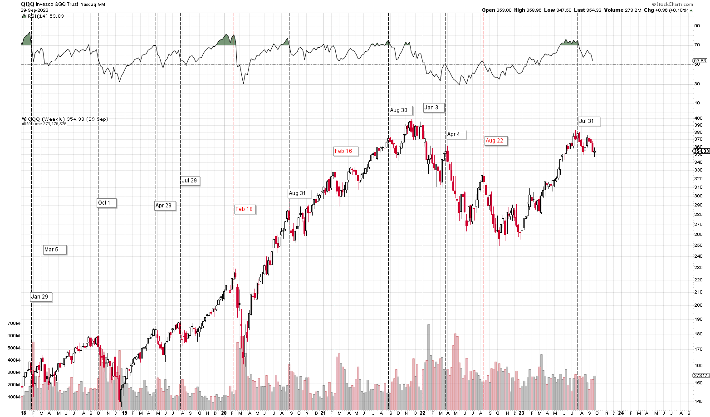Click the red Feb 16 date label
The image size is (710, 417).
[x=343, y=151]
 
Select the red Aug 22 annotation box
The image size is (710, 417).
[x=495, y=141]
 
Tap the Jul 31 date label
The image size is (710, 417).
[x=587, y=121]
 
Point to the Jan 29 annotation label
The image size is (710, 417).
[x=39, y=297]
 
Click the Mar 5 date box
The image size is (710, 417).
[x=51, y=250]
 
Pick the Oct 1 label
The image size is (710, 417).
[x=104, y=203]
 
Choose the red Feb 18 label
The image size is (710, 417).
[x=244, y=209]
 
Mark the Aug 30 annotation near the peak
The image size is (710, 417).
[x=399, y=110]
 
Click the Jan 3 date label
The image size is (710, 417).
[x=431, y=108]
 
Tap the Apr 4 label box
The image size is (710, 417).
[x=454, y=134]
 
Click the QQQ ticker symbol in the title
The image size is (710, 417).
[x=27, y=4]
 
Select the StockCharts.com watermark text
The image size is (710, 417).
[x=675, y=4]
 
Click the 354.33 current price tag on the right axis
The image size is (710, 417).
[x=701, y=151]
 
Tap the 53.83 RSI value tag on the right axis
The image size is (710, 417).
[x=700, y=61]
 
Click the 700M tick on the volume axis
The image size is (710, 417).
[x=14, y=324]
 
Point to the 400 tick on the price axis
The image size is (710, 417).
[x=698, y=118]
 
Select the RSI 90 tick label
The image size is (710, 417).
[x=697, y=26]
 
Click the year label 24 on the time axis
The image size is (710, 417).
[x=621, y=413]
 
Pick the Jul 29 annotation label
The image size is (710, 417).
[x=190, y=181]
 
